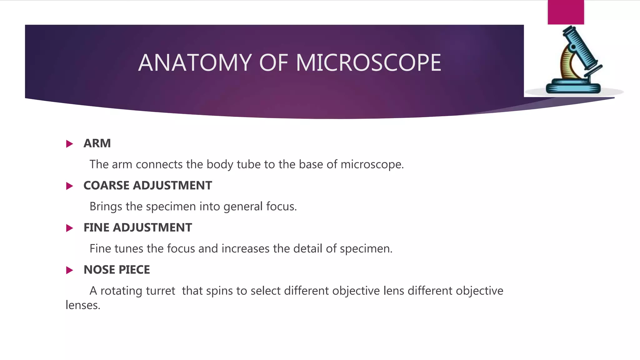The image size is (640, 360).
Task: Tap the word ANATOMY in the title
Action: (195, 63)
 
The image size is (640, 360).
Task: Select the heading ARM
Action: (97, 143)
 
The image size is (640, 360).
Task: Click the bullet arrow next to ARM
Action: (69, 144)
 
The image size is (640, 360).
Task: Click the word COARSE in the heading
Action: (106, 186)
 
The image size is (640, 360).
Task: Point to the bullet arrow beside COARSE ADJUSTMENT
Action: (69, 186)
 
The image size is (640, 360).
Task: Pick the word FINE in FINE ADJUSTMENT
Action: (97, 228)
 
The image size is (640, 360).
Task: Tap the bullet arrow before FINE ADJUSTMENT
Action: (69, 228)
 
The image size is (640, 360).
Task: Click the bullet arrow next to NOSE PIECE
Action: (69, 270)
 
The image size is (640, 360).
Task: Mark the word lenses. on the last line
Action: (83, 305)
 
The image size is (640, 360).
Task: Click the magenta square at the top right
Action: (566, 12)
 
